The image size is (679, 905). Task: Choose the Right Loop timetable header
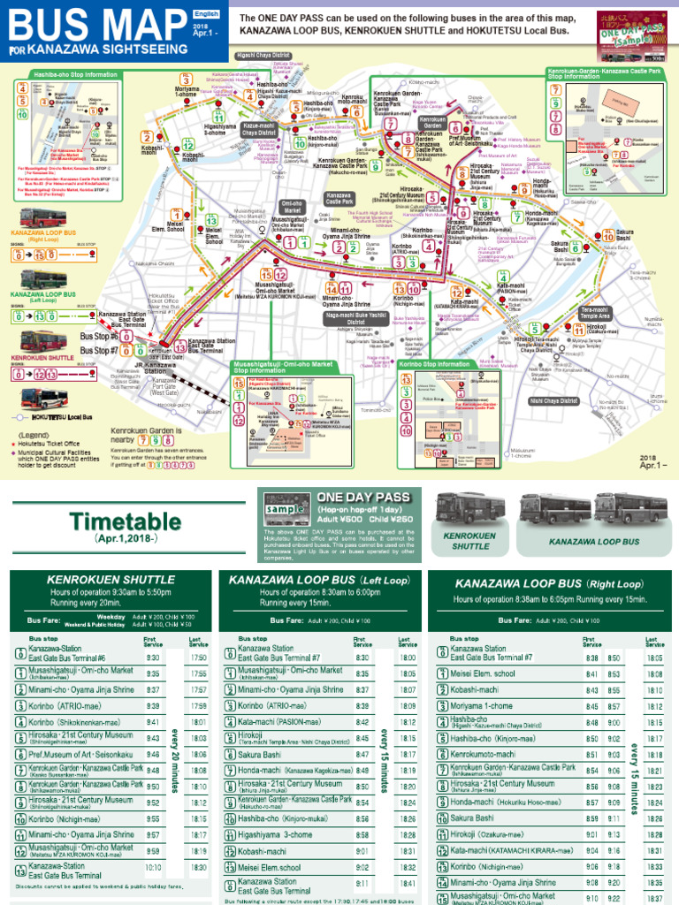click(548, 583)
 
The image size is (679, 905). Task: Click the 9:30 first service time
click(152, 658)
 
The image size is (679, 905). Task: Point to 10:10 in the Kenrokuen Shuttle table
click(153, 868)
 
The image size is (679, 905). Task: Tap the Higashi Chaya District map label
click(258, 53)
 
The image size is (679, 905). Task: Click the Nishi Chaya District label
click(553, 400)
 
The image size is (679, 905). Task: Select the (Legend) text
click(34, 435)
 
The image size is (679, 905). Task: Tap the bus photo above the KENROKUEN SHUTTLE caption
click(468, 510)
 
